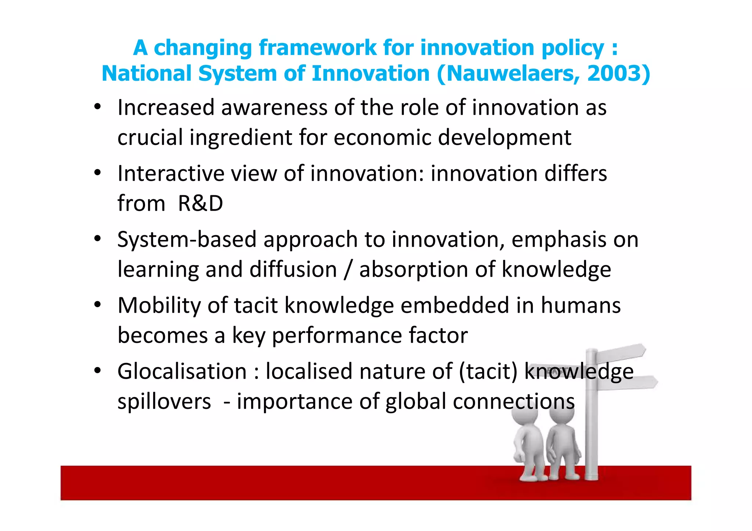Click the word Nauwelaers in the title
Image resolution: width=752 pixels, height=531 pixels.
(509, 73)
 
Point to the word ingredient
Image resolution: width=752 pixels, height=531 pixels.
(241, 138)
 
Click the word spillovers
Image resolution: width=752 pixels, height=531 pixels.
(164, 401)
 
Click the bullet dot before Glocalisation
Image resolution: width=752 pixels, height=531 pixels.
(97, 371)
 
